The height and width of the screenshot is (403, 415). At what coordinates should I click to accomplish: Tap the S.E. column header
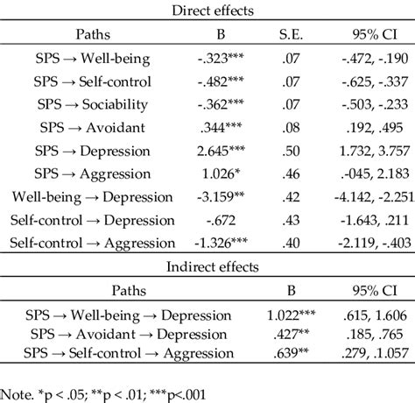(286, 36)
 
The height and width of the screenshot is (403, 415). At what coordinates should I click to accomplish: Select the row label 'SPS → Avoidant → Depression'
(117, 333)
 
